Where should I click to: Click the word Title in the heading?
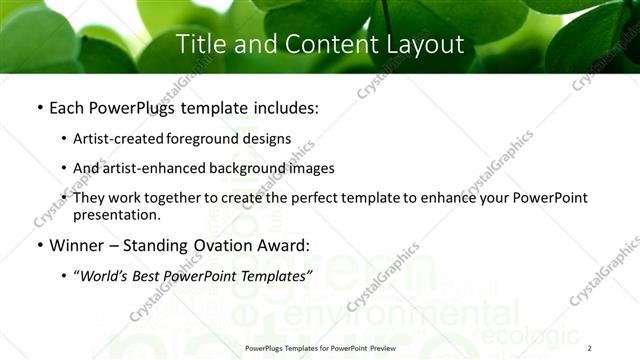tap(200, 45)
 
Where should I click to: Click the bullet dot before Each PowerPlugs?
tap(38, 106)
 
